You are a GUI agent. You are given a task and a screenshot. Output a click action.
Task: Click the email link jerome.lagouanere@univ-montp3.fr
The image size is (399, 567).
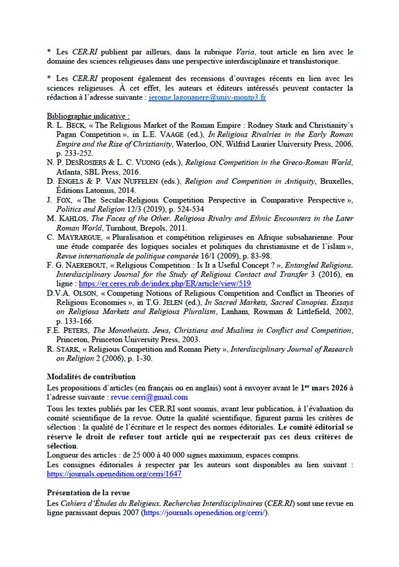pyautogui.click(x=207, y=98)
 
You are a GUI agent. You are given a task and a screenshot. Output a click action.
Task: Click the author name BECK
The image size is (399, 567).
pyautogui.click(x=67, y=126)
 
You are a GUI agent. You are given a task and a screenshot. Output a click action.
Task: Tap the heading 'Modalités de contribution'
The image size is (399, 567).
pyautogui.click(x=91, y=376)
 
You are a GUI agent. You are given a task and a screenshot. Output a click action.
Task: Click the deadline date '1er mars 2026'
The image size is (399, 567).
pyautogui.click(x=326, y=388)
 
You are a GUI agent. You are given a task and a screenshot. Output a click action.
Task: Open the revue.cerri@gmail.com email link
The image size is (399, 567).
pyautogui.click(x=149, y=397)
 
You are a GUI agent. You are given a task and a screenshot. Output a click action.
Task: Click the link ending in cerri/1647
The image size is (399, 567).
pyautogui.click(x=114, y=474)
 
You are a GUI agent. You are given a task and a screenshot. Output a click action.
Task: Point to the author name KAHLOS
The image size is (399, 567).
pyautogui.click(x=71, y=219)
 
